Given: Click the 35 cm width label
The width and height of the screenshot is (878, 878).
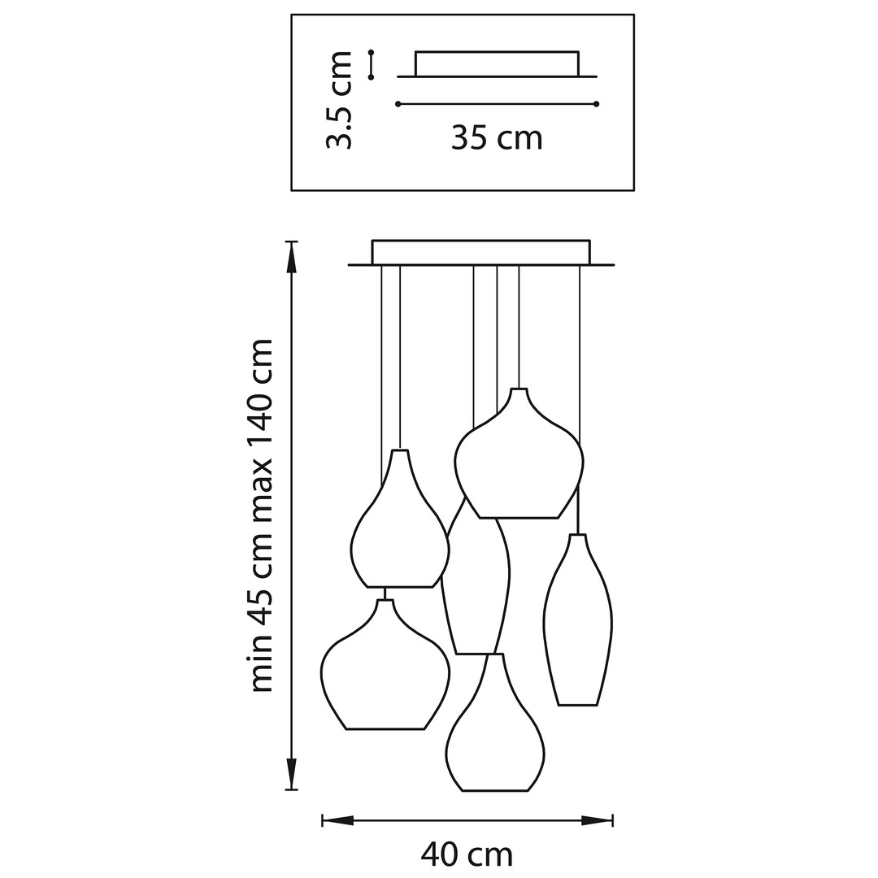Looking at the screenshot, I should (x=497, y=138).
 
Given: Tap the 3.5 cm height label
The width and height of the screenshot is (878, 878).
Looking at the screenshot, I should (x=339, y=100).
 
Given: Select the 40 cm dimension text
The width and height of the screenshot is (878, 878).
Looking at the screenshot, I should (x=467, y=854).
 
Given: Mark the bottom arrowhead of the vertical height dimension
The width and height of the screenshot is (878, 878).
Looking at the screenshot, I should (x=291, y=773).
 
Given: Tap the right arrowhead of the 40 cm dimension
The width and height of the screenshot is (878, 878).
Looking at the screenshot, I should (x=597, y=820).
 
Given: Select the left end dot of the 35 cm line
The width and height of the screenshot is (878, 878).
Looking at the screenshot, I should (x=398, y=104).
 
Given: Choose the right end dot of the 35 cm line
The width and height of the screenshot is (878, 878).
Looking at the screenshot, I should (x=597, y=104).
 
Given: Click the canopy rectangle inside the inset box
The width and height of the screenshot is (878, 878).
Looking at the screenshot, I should (x=497, y=63).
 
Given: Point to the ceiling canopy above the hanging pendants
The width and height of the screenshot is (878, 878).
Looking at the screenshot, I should (x=480, y=252).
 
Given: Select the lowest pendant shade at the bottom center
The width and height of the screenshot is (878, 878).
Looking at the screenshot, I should (x=494, y=740).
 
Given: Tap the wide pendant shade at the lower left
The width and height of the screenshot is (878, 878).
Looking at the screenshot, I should (x=385, y=675).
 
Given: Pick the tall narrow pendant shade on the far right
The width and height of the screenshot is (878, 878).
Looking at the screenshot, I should (x=577, y=626).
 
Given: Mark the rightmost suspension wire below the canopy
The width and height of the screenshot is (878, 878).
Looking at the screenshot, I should (x=580, y=350).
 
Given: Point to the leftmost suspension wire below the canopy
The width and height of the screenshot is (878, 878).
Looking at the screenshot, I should (x=381, y=366).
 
